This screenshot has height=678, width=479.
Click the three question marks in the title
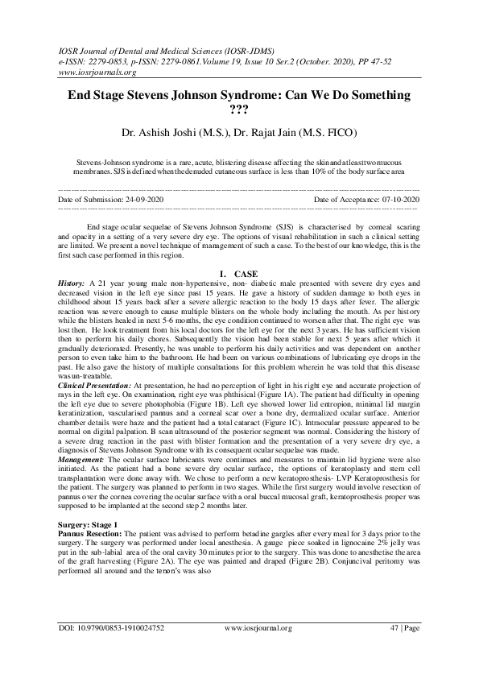239,110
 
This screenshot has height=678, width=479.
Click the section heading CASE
246,275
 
